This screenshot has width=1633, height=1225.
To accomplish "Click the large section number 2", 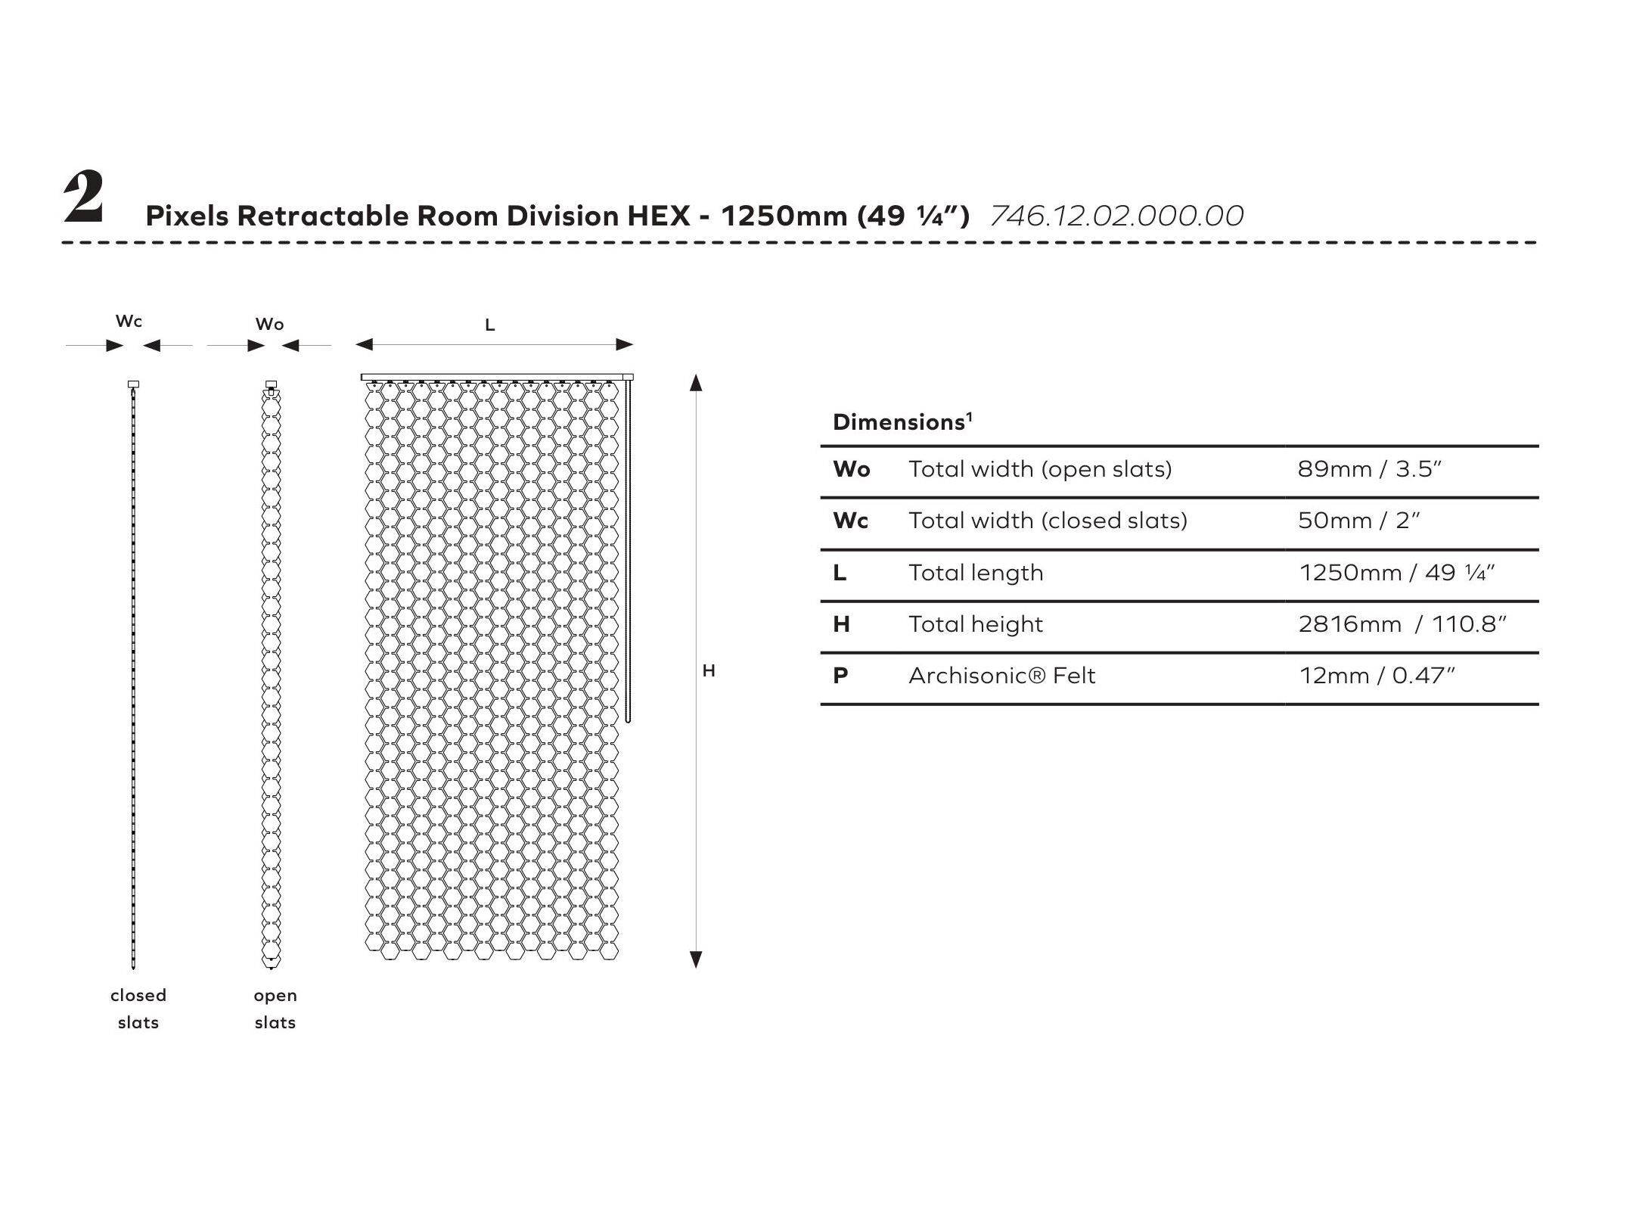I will [x=84, y=198].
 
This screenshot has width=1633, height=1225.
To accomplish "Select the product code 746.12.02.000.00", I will [x=1116, y=216].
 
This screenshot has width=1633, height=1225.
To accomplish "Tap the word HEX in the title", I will [x=659, y=216].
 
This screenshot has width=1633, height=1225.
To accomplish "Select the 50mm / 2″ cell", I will [x=1358, y=521].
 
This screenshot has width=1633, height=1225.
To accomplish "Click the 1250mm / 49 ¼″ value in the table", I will [x=1396, y=573].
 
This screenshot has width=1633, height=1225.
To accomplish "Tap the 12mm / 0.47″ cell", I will [x=1377, y=676].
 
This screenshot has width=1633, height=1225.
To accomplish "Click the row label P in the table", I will [x=840, y=676].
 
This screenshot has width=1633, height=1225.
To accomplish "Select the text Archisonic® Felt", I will [x=1001, y=676].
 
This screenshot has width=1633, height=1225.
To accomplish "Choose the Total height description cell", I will [x=976, y=624].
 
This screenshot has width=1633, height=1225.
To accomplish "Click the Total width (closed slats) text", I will [x=1048, y=521].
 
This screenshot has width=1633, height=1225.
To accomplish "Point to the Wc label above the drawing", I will [x=129, y=322].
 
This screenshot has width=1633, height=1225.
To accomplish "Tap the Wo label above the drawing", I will [x=269, y=325].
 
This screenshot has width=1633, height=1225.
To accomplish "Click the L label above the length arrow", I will [x=489, y=325].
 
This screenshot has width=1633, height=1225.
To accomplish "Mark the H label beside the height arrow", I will [x=709, y=671].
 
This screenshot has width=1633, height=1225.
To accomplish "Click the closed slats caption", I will [x=138, y=1009].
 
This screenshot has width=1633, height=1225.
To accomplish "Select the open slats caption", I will [x=275, y=1009].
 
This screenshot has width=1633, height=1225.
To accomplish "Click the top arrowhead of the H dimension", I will [x=697, y=382].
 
